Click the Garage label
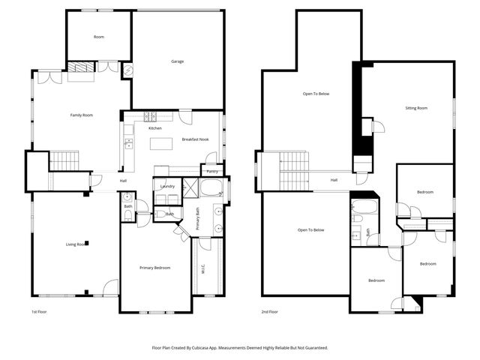(x=177, y=61)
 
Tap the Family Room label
(x=81, y=115)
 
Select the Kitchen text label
(x=154, y=128)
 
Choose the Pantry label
(x=211, y=172)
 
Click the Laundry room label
(x=167, y=186)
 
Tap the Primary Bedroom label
(x=154, y=268)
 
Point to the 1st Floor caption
(x=40, y=311)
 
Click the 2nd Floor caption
(x=270, y=311)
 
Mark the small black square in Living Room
(x=87, y=242)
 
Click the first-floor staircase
(x=64, y=160)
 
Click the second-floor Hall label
(x=334, y=180)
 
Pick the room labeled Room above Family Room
(x=98, y=37)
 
